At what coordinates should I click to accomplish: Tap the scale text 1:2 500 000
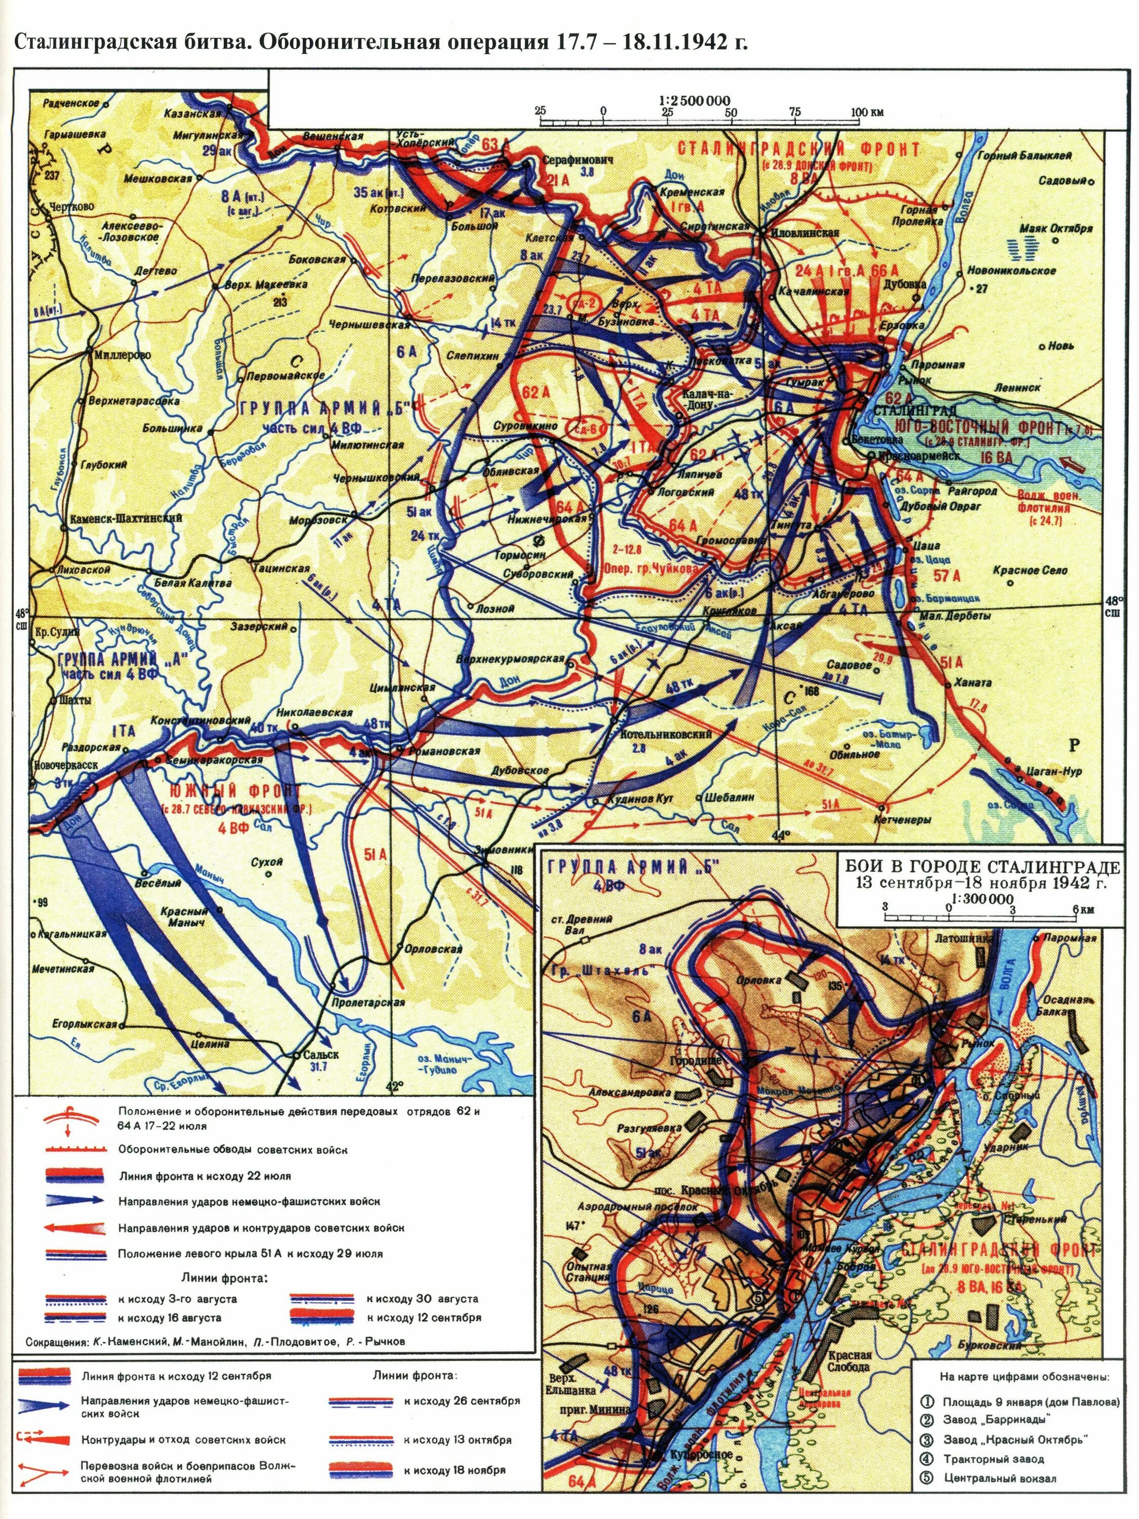point(698,100)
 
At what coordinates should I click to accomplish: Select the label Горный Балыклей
point(1025,155)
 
